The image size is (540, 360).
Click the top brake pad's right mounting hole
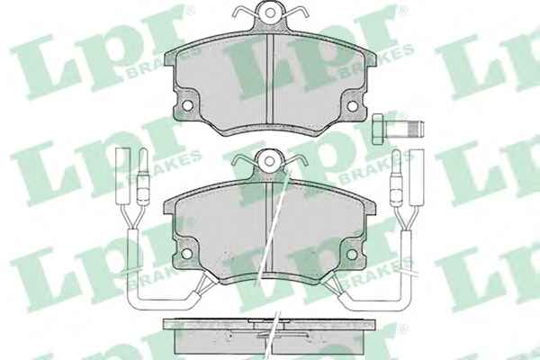352,106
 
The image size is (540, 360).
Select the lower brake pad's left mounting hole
186,254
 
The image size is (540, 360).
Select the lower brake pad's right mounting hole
352,254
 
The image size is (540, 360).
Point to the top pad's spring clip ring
270,13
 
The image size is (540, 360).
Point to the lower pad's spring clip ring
270,161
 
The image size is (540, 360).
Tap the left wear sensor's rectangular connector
123,175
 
